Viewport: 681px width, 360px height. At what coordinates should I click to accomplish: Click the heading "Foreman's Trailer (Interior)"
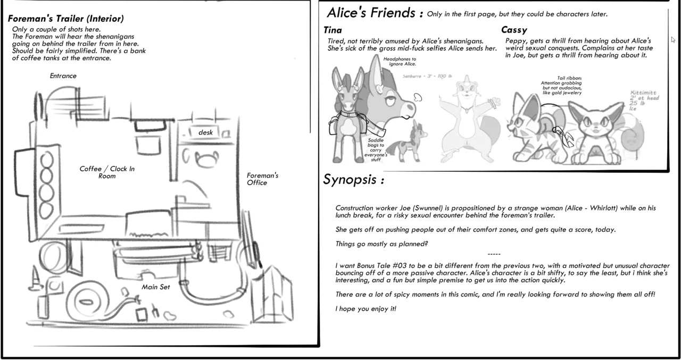pos(65,19)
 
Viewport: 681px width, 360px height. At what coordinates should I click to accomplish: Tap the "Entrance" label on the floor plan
pos(63,76)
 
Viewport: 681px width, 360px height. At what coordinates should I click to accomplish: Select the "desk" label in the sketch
pos(205,132)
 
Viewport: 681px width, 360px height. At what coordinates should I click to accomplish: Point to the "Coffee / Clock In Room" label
pos(107,172)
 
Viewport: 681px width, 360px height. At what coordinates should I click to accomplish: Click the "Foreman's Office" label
pos(262,179)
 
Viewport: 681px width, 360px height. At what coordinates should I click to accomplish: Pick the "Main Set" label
pos(155,287)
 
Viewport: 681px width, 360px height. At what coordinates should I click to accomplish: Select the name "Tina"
pos(333,30)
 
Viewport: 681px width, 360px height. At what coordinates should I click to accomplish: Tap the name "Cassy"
pos(514,30)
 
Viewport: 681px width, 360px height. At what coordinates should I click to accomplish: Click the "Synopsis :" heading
pos(353,180)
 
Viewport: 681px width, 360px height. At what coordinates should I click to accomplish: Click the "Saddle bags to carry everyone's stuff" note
pos(376,149)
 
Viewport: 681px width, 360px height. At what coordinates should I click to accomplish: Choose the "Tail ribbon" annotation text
pos(561,85)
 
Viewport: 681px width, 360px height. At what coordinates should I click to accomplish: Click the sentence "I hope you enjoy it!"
pos(366,309)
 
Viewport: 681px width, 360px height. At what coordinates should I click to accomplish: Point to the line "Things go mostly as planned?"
pos(381,244)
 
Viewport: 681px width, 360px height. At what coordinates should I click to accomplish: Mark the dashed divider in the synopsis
pos(493,254)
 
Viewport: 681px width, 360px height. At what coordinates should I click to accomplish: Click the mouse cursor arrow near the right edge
pos(674,40)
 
